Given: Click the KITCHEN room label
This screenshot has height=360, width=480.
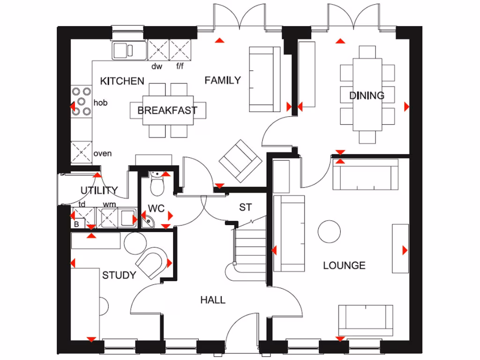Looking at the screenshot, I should [x=122, y=81].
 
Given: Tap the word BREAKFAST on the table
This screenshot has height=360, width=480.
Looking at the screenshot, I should [x=167, y=111].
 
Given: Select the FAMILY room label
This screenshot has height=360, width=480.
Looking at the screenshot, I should [x=222, y=81].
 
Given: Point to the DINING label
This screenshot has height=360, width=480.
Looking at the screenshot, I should [x=367, y=96].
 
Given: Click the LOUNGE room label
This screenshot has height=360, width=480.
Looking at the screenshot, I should [x=344, y=266].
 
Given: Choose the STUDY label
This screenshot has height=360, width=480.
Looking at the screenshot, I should [x=119, y=275].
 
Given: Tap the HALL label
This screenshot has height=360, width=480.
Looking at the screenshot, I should [x=213, y=300].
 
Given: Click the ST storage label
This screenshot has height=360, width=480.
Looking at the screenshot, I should [x=245, y=207].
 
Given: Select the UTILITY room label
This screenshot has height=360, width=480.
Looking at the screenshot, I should [x=99, y=190].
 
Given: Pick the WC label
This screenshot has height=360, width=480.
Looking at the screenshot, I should [x=156, y=208].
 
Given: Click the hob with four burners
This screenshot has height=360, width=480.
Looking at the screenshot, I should [x=82, y=101].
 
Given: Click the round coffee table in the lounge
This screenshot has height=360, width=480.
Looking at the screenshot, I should [x=329, y=232].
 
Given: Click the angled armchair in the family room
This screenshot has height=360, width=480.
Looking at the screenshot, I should [x=240, y=160].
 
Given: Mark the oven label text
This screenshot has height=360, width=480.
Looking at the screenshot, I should [x=103, y=154].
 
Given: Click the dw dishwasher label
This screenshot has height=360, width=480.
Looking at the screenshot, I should [x=157, y=66].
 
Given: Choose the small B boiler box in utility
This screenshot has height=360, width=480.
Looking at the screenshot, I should [x=76, y=224].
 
